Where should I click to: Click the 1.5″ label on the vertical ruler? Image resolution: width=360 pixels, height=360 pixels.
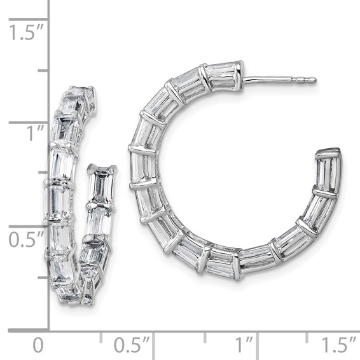click(x=24, y=32)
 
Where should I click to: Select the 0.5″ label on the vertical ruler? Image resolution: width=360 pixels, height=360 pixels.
click(x=24, y=240)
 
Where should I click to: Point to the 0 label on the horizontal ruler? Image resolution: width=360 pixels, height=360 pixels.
click(x=38, y=346)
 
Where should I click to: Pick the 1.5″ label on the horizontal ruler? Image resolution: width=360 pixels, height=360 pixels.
click(x=338, y=346)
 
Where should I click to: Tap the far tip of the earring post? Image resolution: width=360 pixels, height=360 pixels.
click(x=314, y=80)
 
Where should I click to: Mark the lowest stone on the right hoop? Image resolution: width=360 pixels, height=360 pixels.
click(x=219, y=261)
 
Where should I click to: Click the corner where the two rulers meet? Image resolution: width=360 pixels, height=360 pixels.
click(x=49, y=330)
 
